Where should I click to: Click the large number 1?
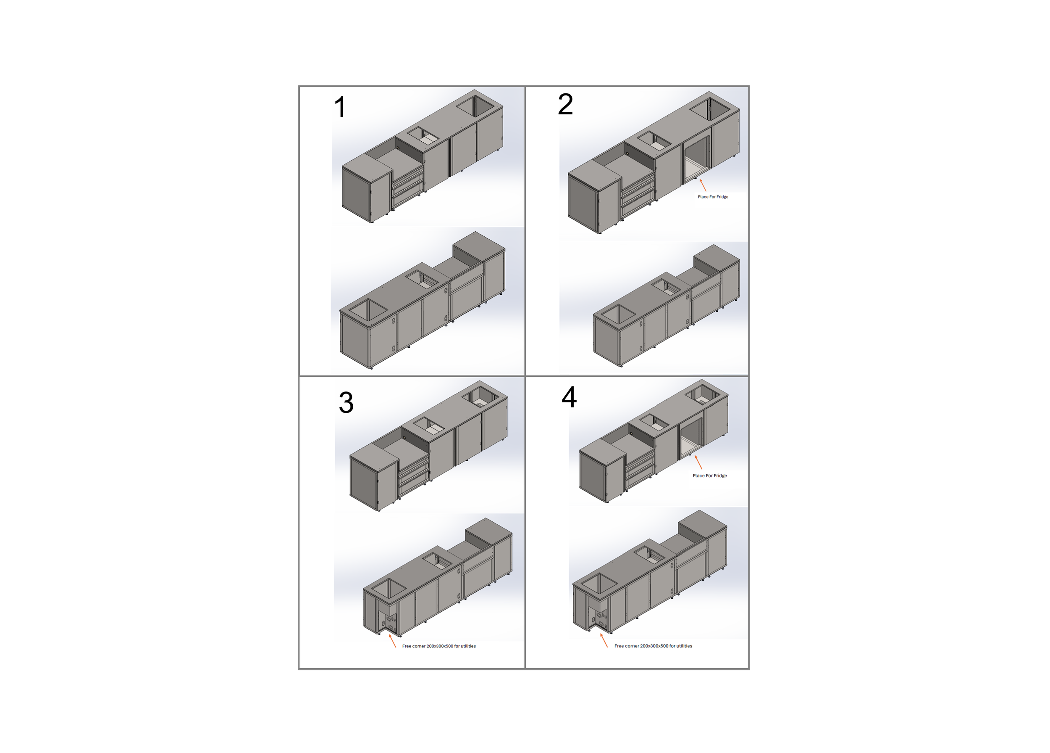point(340,107)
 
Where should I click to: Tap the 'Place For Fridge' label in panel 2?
point(713,197)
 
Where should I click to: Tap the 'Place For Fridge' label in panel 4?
point(710,476)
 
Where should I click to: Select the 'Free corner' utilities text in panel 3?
point(439,646)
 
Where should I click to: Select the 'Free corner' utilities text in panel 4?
point(653,646)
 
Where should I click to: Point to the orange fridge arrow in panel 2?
point(703,185)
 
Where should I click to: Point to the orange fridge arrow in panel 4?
point(698,462)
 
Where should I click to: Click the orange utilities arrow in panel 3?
point(392,641)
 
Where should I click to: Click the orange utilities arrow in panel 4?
point(604,640)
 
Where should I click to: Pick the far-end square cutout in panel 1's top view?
point(475,105)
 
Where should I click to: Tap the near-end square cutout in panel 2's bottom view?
point(619,314)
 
